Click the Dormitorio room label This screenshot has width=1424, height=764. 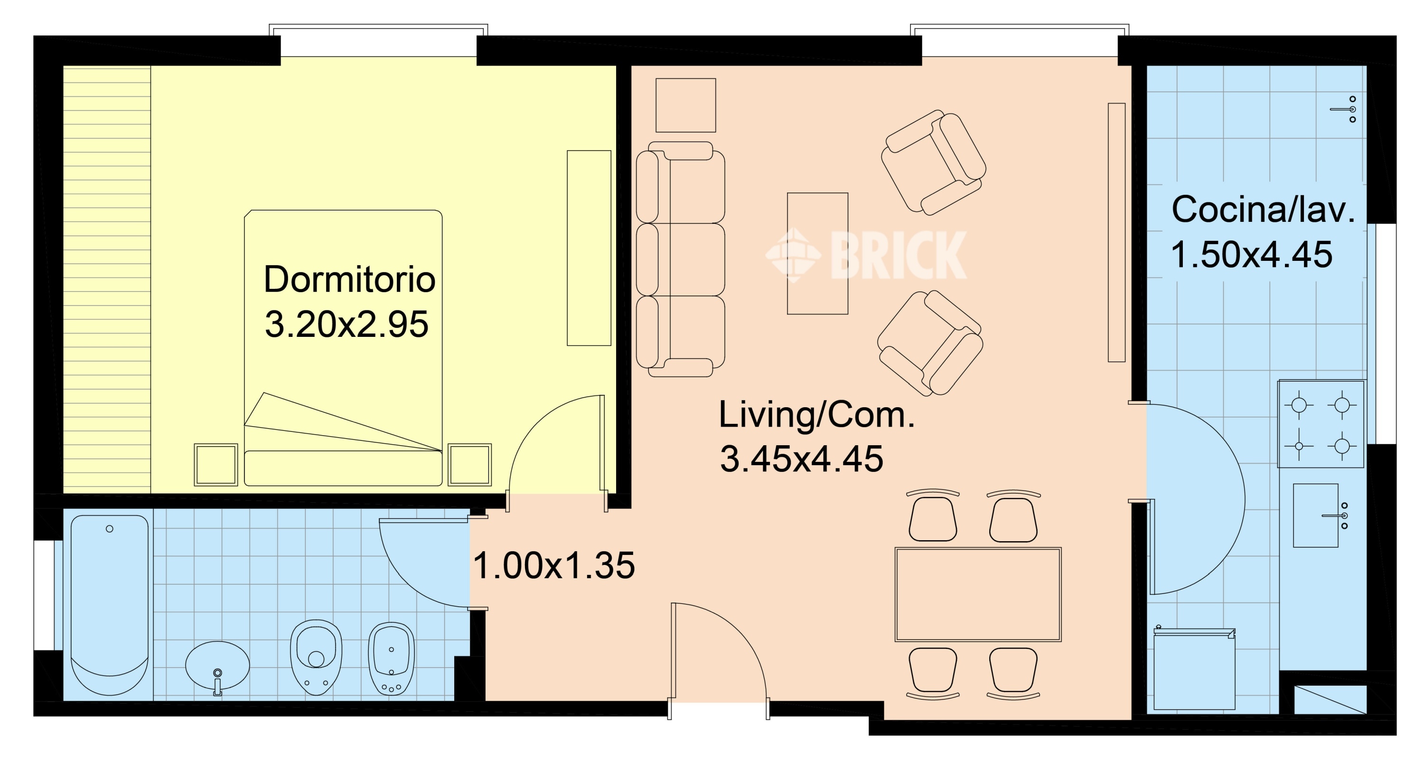click(x=349, y=279)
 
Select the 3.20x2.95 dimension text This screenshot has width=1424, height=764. click(x=347, y=324)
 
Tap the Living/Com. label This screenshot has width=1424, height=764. click(x=816, y=415)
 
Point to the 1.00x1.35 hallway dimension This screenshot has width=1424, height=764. click(x=554, y=565)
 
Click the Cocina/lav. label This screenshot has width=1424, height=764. click(x=1263, y=210)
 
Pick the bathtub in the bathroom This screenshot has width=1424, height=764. click(x=110, y=605)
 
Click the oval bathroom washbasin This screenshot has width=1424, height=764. click(x=217, y=666)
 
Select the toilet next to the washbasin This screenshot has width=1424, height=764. click(x=316, y=657)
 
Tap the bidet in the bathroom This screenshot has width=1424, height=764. click(x=392, y=659)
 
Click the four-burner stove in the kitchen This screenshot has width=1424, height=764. click(x=1321, y=424)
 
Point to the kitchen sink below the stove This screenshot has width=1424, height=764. click(x=1316, y=516)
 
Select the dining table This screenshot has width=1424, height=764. click(x=978, y=595)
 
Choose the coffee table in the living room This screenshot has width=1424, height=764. click(x=817, y=253)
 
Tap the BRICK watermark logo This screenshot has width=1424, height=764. click(x=866, y=255)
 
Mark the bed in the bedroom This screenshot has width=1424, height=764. click(x=343, y=348)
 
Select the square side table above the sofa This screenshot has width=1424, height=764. click(x=685, y=105)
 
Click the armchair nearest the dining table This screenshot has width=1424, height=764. click(x=930, y=344)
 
